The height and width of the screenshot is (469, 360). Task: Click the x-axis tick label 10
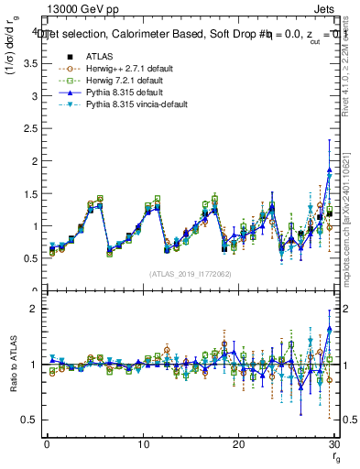point(142,444)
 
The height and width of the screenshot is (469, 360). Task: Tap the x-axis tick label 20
point(238,444)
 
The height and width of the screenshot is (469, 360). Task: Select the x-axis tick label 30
point(333,444)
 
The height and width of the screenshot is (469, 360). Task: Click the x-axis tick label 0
point(47,444)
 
